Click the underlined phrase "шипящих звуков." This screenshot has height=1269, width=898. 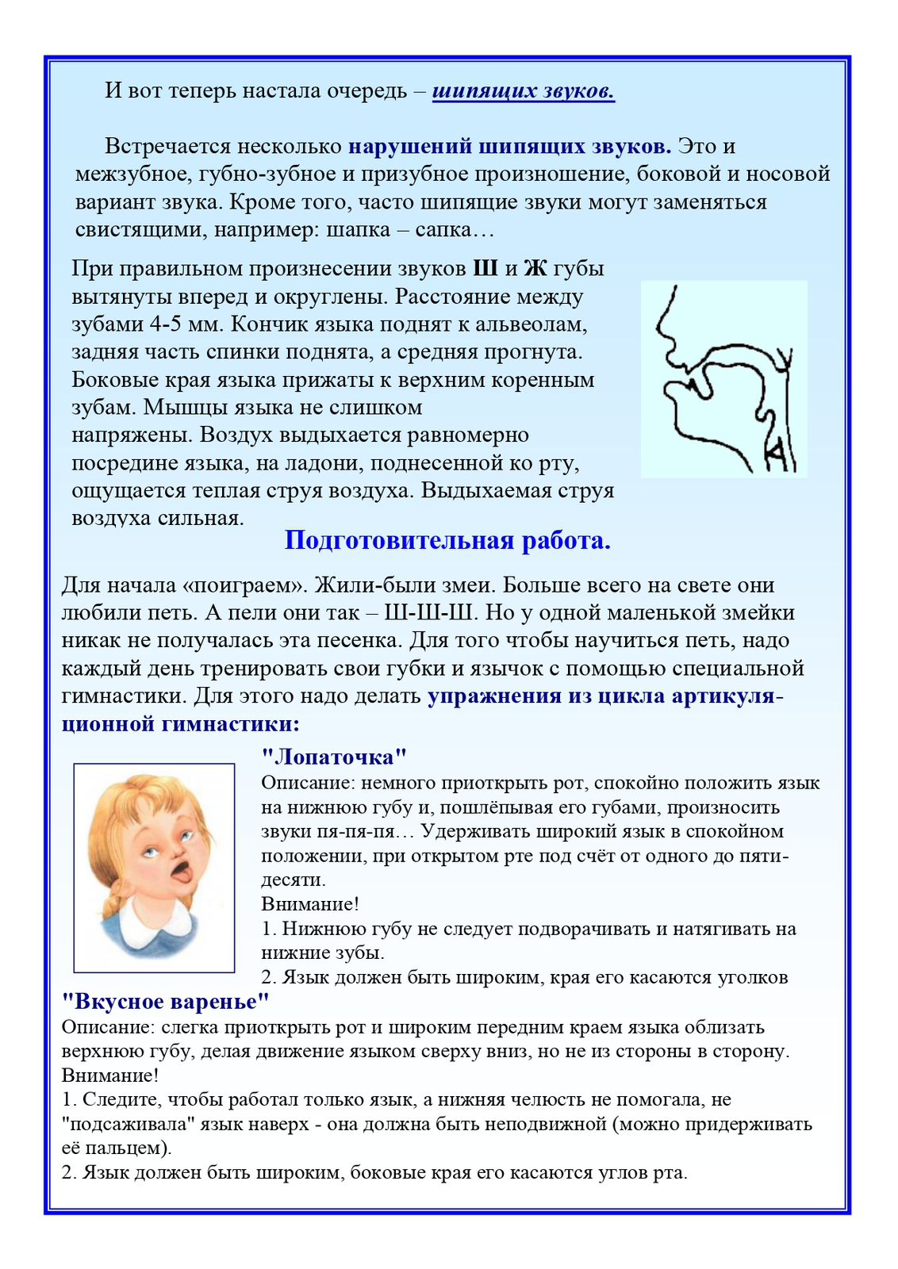click(x=524, y=91)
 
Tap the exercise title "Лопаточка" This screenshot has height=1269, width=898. click(x=334, y=757)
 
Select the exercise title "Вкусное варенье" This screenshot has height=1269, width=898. click(x=166, y=1001)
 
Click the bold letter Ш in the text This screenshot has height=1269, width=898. click(x=485, y=268)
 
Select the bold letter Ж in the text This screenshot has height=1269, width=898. click(x=536, y=268)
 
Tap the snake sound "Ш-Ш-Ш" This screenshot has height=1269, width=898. click(x=428, y=612)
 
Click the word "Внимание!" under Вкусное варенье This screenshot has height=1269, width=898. click(x=110, y=1075)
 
